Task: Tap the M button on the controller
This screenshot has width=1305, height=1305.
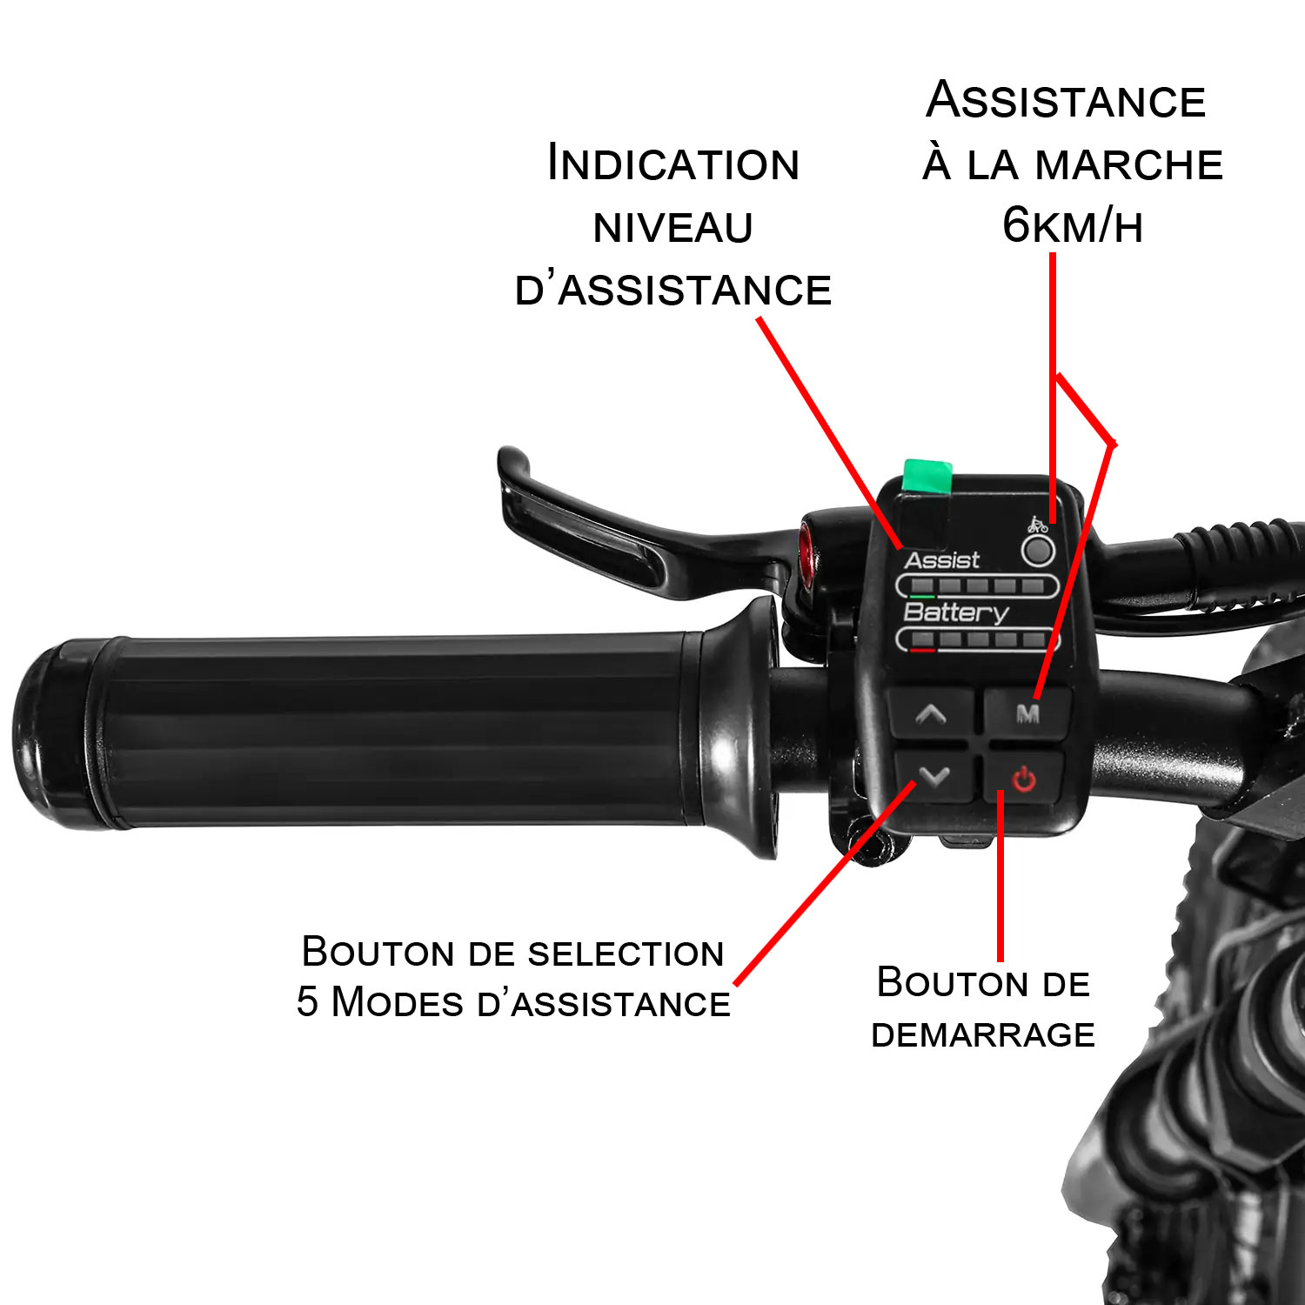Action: tap(1027, 713)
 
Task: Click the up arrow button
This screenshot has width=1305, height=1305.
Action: tap(931, 715)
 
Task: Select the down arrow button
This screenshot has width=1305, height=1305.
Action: tap(934, 775)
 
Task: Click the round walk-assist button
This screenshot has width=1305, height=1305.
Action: tap(1037, 551)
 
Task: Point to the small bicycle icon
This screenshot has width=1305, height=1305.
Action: tap(1037, 524)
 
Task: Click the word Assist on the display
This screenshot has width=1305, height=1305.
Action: tap(942, 560)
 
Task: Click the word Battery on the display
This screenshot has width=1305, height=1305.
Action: tap(955, 612)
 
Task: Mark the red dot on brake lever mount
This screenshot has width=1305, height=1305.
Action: tap(806, 547)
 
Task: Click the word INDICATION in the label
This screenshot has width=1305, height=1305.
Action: tap(673, 164)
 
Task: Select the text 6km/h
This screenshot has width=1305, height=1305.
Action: tap(1072, 225)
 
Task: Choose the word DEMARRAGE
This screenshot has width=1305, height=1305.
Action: tap(983, 1034)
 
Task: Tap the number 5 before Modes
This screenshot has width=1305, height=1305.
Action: tap(307, 1002)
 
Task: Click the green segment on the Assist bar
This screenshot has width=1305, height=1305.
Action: tap(921, 596)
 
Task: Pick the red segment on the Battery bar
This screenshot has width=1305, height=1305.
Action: tap(922, 650)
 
